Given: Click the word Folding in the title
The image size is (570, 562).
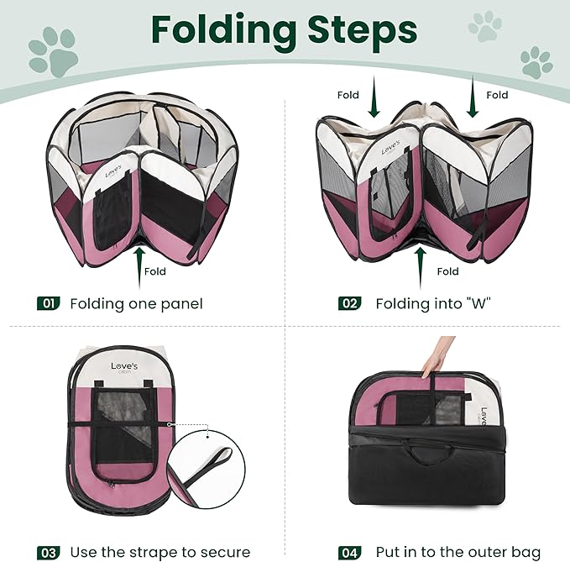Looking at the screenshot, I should [x=223, y=30].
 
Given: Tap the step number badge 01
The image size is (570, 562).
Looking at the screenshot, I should [x=48, y=303].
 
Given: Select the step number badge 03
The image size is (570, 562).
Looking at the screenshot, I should [x=48, y=552].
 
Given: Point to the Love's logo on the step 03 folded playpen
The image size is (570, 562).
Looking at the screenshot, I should [x=129, y=367].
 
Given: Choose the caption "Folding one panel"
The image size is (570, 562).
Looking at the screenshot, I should [x=136, y=303].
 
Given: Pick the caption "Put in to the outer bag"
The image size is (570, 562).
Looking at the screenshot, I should [x=458, y=552].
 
